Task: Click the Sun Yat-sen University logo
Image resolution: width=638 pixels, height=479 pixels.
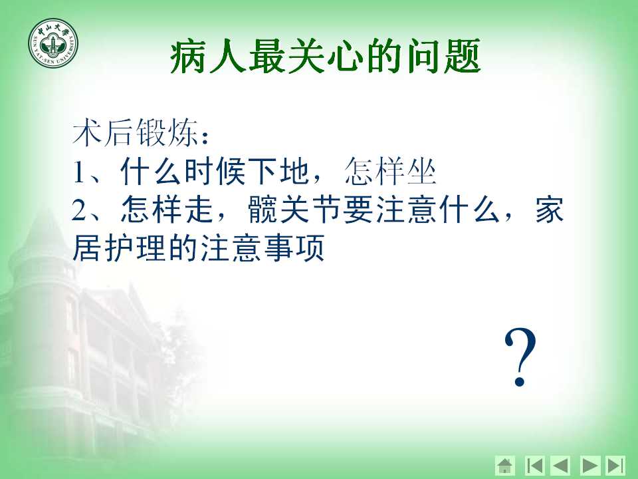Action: coord(53,44)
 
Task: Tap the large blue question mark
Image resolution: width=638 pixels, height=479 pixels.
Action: coord(520,357)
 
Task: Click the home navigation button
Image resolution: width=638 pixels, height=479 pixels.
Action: coord(505,465)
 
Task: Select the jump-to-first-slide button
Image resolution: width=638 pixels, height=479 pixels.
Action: coord(534,465)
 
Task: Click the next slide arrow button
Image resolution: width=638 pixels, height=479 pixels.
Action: coord(590,465)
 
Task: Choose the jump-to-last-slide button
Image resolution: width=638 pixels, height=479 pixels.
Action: coord(615,465)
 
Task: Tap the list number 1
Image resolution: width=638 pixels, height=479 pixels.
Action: coord(79,172)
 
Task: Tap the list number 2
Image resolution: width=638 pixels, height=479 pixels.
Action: coord(79,210)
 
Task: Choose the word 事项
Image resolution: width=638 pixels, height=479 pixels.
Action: coord(294,247)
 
